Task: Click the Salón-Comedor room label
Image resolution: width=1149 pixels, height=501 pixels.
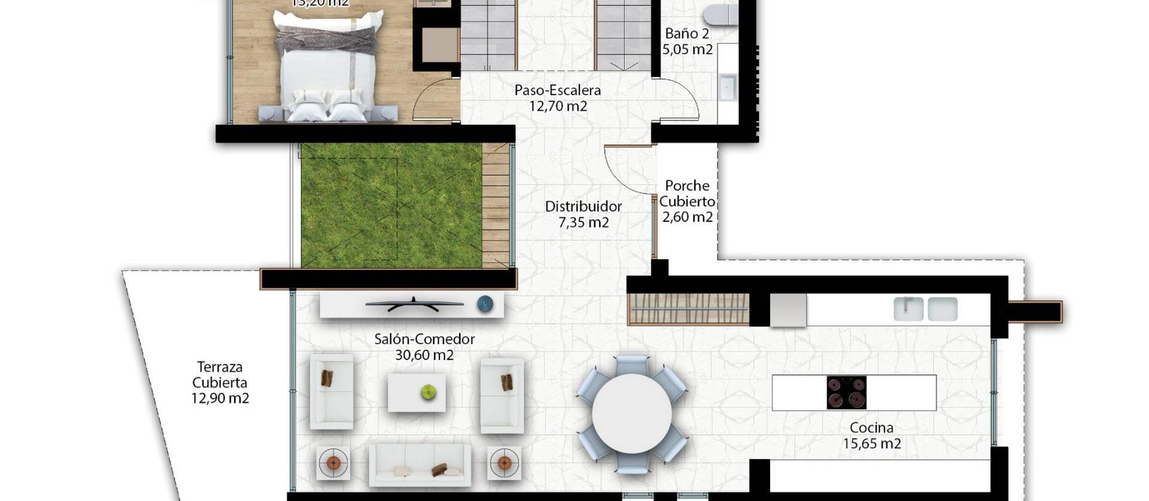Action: tap(424, 339)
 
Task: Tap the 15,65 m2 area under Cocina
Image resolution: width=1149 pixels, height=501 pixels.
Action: tap(871, 444)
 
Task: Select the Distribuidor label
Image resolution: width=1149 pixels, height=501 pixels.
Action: tap(583, 207)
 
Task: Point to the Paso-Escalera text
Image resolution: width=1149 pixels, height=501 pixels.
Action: tap(557, 91)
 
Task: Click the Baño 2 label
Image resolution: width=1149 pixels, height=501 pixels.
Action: tap(686, 34)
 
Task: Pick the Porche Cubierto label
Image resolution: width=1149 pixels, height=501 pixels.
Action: tap(687, 193)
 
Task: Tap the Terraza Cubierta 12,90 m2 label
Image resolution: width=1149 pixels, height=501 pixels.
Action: tap(220, 382)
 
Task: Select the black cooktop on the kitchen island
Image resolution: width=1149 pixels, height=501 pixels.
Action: tap(846, 393)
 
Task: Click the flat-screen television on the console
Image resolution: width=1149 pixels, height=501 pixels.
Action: tap(414, 304)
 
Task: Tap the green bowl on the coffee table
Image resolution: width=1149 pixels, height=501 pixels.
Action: tap(428, 392)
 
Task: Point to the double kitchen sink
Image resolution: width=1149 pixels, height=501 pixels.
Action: tap(925, 309)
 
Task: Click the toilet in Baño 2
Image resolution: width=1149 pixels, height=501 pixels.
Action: tap(721, 14)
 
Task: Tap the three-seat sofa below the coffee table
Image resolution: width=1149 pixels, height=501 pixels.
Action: tap(420, 465)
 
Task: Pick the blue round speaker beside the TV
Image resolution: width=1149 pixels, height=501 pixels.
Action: tap(485, 304)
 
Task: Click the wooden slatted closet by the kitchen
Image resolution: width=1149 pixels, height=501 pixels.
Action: tap(688, 309)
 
